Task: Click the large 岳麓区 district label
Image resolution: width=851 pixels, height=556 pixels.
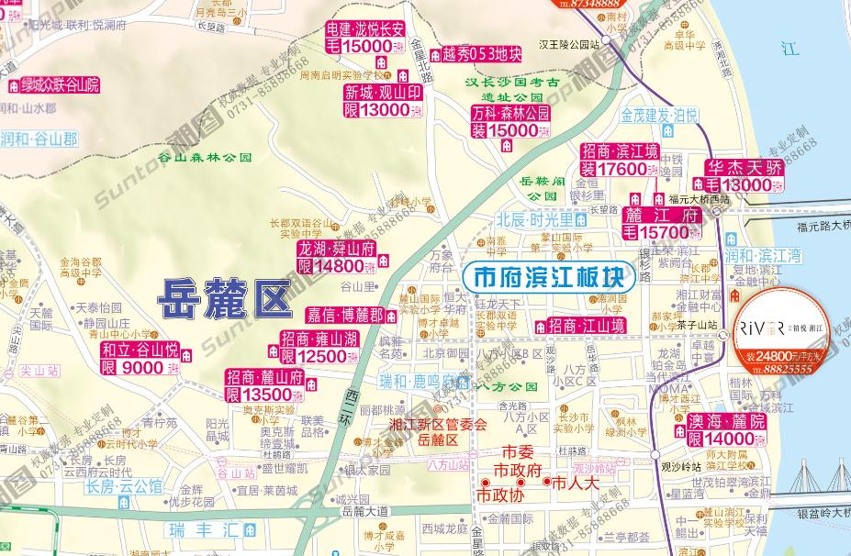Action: tap(223, 298)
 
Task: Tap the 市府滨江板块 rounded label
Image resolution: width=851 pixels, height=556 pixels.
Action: tap(548, 276)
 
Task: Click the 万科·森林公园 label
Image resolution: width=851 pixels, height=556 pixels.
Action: tap(509, 115)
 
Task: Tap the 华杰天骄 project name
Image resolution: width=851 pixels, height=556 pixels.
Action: tap(745, 168)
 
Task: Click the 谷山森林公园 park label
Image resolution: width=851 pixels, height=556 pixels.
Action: tap(205, 157)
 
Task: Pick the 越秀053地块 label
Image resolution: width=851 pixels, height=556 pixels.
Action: tap(481, 53)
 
